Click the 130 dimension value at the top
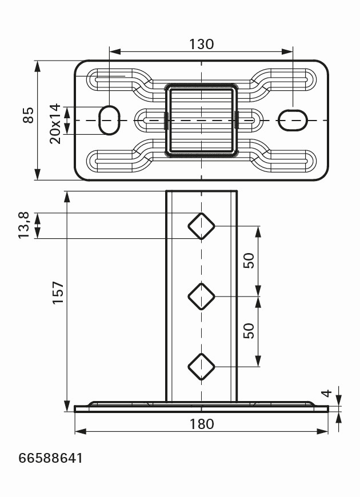pyautogui.click(x=201, y=44)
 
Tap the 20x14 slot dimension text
pyautogui.click(x=55, y=123)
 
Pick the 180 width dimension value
pyautogui.click(x=201, y=424)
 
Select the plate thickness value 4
pyautogui.click(x=326, y=394)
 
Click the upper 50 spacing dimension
pyautogui.click(x=249, y=261)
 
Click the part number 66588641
pyautogui.click(x=51, y=458)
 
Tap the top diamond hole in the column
pyautogui.click(x=201, y=226)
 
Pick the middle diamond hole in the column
pyautogui.click(x=201, y=296)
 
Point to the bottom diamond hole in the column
pyautogui.click(x=201, y=366)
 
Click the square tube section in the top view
pyautogui.click(x=201, y=121)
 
